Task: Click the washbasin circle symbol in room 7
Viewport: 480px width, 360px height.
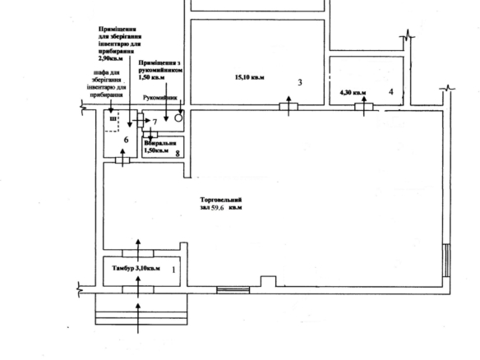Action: click(x=178, y=118)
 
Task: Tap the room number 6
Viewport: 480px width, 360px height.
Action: click(x=126, y=140)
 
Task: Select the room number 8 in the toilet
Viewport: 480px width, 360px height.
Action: click(x=178, y=152)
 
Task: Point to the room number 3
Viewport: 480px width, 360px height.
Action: click(x=300, y=82)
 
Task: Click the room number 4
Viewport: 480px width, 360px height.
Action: click(x=391, y=91)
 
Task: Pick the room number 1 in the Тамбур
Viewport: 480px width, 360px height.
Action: click(x=173, y=268)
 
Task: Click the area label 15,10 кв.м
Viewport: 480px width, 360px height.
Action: click(x=251, y=78)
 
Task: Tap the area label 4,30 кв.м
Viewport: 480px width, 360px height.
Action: click(x=353, y=93)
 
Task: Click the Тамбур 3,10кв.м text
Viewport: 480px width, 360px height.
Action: click(x=134, y=268)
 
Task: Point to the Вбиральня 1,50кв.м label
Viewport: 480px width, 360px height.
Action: click(x=159, y=146)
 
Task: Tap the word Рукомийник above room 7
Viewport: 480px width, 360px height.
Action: click(x=160, y=96)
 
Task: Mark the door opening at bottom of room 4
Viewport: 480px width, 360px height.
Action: click(x=367, y=104)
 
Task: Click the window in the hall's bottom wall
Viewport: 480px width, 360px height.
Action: click(x=233, y=288)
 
